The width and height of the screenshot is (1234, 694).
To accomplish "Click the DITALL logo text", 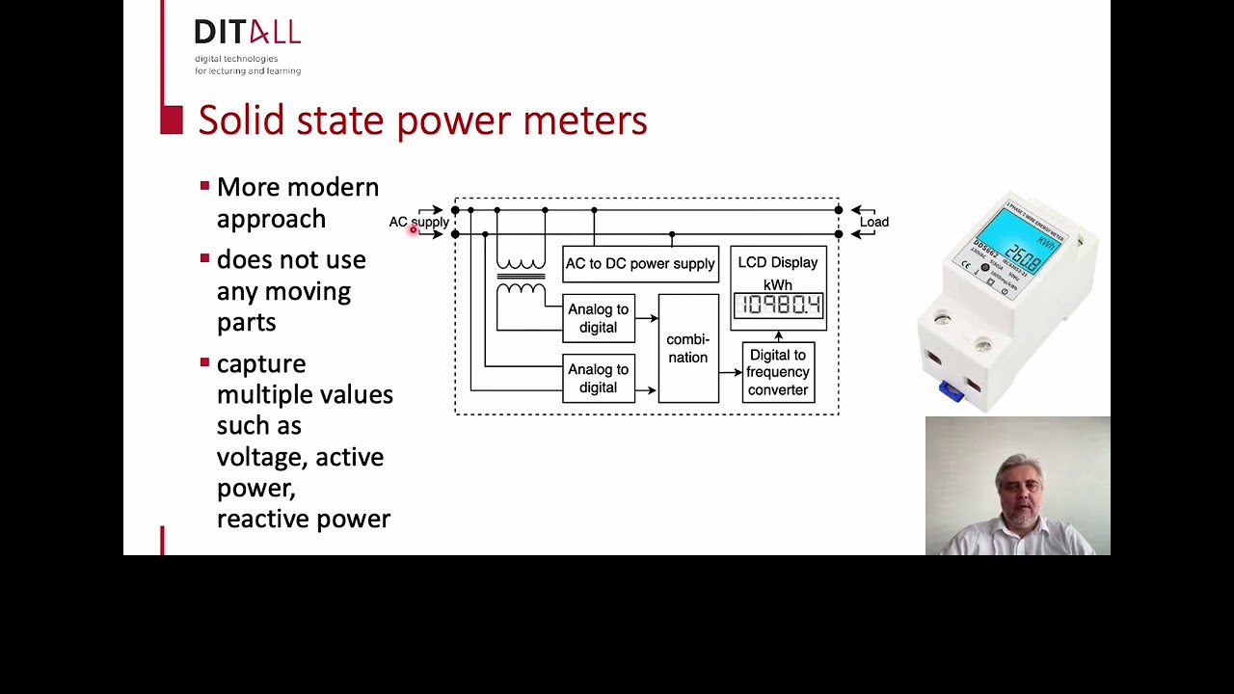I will coord(247,33).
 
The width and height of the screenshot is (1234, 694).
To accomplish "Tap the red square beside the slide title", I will coord(172,120).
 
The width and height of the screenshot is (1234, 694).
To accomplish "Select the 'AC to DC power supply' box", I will coord(640,264).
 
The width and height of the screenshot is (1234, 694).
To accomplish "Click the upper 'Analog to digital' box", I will coord(598,318).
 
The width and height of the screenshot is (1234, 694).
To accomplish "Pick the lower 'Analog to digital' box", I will coord(598,378).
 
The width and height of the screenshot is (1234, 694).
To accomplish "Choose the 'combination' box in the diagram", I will coord(687,348).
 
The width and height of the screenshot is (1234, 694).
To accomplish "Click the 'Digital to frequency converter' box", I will coord(778,372).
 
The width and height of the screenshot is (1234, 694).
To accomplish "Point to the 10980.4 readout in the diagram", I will coord(778,307).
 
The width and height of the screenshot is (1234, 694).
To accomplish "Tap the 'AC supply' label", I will coord(418,222).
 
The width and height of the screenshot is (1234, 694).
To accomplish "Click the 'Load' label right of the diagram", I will coord(874,222).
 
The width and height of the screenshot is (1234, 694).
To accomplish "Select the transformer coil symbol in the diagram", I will coord(521,276).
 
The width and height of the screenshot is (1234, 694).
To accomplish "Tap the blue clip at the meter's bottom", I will coord(951,391).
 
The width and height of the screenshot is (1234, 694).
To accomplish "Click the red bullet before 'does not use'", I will coord(204,258).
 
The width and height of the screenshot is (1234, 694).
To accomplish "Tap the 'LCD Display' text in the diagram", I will coord(778,262).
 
